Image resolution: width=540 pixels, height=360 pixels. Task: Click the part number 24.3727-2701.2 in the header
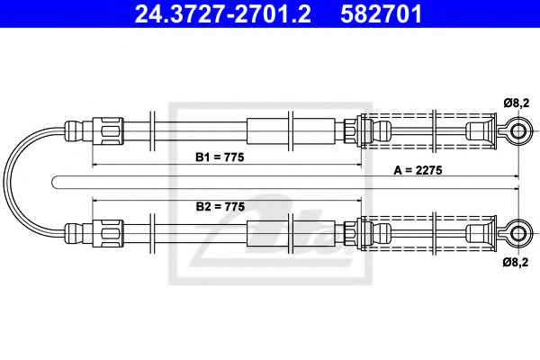[x=223, y=13]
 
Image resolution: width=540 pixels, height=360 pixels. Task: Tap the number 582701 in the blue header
[x=382, y=13]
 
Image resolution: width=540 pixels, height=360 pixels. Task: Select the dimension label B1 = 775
[x=220, y=157]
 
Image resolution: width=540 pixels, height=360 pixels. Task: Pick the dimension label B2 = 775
[x=220, y=206]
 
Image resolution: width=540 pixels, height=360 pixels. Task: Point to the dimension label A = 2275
[x=418, y=170]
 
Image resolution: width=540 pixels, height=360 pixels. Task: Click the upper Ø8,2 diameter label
[x=517, y=103]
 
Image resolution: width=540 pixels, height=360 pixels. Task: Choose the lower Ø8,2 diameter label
[x=516, y=262]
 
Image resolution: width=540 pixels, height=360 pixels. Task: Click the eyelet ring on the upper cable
[x=518, y=130]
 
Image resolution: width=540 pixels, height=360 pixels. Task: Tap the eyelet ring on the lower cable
[x=518, y=234]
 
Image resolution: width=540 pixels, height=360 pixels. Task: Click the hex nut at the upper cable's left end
[x=107, y=130]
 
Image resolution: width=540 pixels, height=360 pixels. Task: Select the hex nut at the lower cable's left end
[x=107, y=234]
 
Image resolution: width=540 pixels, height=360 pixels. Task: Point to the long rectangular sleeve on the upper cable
[x=291, y=130]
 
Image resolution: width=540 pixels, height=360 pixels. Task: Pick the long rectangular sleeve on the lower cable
[x=291, y=234]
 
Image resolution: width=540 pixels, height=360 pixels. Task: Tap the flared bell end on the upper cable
[x=487, y=130]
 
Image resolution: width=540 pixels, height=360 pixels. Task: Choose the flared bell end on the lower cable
[x=487, y=234]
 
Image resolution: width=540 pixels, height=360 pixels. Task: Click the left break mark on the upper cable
[x=152, y=130]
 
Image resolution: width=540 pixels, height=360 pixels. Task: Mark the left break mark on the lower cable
[x=152, y=234]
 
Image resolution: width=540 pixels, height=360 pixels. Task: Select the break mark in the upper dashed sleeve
[x=435, y=130]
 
